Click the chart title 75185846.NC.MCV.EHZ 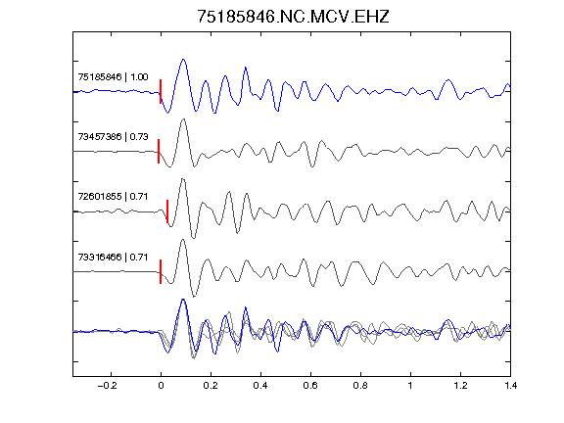tap(293, 17)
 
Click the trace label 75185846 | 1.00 tap(113, 77)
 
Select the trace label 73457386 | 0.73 tap(113, 137)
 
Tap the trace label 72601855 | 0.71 tap(113, 197)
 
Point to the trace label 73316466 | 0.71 tap(113, 257)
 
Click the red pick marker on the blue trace tap(161, 91)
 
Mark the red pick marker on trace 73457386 tap(159, 151)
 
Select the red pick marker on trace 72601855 tap(167, 211)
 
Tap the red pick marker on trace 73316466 tap(161, 271)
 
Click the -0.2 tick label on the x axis tap(107, 386)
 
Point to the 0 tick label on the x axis tap(161, 386)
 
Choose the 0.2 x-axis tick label tap(211, 386)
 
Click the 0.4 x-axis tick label tap(260, 386)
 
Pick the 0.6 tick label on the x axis tap(310, 386)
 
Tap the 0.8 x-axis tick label tap(360, 386)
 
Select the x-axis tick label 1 tap(410, 386)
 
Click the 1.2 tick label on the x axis tap(460, 386)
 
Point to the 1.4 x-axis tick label tap(511, 386)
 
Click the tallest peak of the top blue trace tap(183, 60)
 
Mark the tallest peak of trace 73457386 tap(183, 119)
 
